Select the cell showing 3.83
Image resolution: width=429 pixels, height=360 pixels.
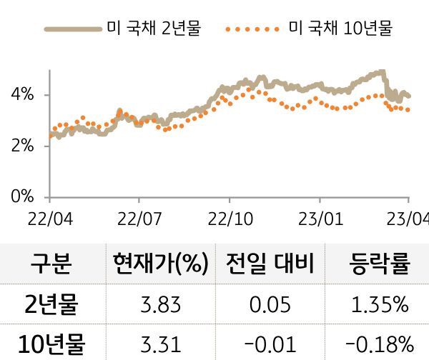160,306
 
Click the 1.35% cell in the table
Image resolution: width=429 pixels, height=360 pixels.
380,306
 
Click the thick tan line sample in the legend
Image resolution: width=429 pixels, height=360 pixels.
71,30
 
